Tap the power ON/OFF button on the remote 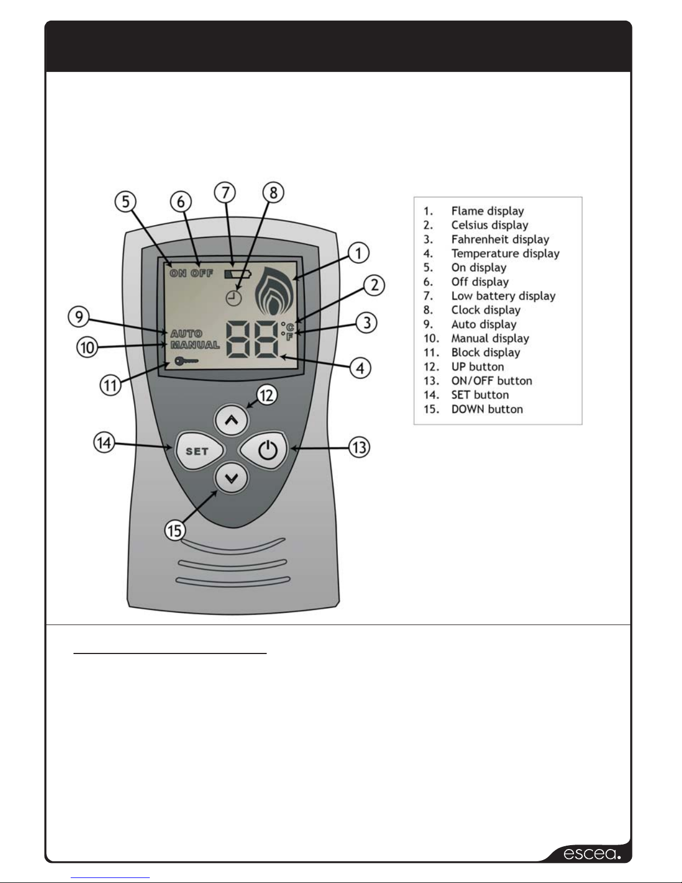(264, 450)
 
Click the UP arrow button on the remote (232, 420)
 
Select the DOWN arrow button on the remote (232, 479)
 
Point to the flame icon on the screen (274, 291)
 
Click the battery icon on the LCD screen (238, 274)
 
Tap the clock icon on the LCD (233, 298)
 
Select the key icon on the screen (187, 361)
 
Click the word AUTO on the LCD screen (187, 334)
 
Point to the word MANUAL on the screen (195, 345)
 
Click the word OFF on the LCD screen (202, 273)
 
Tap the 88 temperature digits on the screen (252, 339)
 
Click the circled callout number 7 (225, 193)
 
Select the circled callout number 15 (175, 531)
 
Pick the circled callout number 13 (359, 447)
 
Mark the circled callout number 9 (78, 316)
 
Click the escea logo (592, 853)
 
